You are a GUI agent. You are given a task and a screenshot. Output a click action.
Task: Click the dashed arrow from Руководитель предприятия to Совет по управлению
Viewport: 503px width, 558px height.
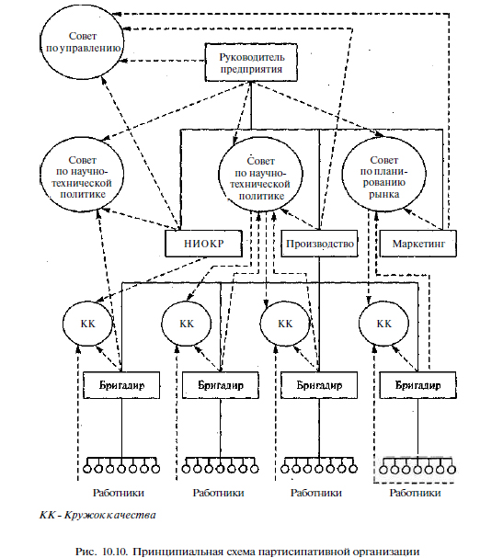(163, 61)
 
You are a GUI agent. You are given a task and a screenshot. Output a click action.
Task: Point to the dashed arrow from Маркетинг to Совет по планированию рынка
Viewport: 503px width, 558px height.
(422, 219)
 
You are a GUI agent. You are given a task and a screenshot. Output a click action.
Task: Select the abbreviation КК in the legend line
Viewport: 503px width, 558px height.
(47, 515)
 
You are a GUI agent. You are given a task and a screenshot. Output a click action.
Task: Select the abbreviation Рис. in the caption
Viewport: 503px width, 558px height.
(86, 552)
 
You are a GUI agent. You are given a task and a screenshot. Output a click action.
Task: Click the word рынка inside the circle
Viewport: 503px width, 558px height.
(383, 195)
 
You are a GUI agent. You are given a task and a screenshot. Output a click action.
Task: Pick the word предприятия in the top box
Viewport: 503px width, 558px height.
(251, 69)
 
